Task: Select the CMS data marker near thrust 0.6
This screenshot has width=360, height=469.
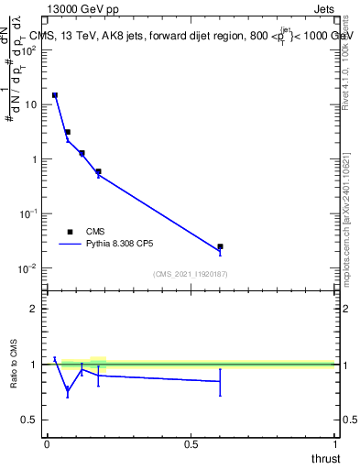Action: pyautogui.click(x=220, y=246)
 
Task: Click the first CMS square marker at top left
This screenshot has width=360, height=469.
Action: pyautogui.click(x=55, y=95)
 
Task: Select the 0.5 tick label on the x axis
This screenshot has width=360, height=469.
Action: pyautogui.click(x=191, y=442)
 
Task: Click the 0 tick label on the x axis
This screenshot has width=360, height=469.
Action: pyautogui.click(x=47, y=442)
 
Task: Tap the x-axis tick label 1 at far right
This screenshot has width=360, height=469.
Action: pyautogui.click(x=335, y=442)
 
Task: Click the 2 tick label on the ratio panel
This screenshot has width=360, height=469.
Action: pyautogui.click(x=33, y=310)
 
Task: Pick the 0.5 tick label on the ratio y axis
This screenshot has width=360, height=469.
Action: pyautogui.click(x=29, y=420)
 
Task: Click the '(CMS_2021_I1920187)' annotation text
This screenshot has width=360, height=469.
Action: pyautogui.click(x=191, y=273)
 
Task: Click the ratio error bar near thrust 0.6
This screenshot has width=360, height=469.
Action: pyautogui.click(x=220, y=382)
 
